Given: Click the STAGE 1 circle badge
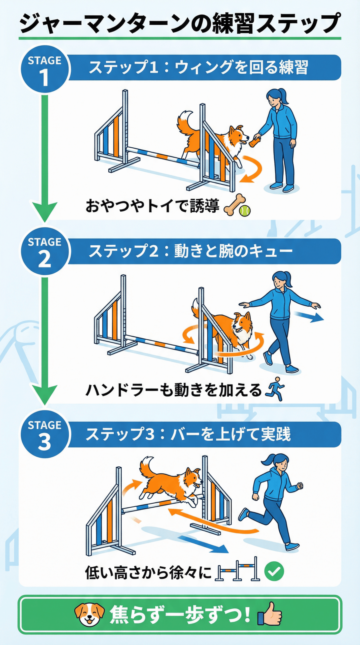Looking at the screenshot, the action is coord(45,69).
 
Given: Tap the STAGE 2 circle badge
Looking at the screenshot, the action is coord(45,251).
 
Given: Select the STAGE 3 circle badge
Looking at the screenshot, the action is coord(45,434).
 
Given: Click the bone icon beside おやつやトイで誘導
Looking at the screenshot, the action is coord(234,205).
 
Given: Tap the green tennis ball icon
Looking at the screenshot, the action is coord(245,211).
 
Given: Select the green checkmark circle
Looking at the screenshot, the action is coord(274,571).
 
